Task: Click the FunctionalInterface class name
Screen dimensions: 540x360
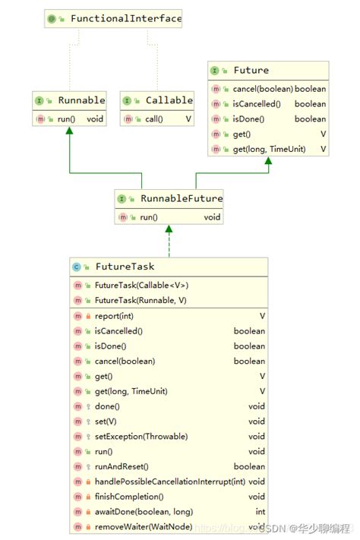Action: click(126, 18)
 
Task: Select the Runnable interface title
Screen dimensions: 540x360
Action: click(81, 100)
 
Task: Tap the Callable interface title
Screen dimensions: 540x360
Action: click(169, 100)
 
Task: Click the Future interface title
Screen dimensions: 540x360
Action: click(251, 70)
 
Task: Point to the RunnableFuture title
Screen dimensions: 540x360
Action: click(181, 199)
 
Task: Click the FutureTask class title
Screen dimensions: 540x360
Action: click(125, 267)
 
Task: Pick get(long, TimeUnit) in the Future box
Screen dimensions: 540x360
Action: click(269, 150)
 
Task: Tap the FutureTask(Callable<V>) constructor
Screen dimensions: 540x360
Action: click(141, 286)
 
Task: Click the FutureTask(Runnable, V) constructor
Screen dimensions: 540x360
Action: click(141, 301)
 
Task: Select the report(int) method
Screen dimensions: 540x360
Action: click(115, 316)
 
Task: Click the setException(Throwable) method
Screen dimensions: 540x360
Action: click(141, 437)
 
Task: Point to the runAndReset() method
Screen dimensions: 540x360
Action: click(122, 466)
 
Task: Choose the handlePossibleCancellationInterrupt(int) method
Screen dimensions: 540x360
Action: click(169, 482)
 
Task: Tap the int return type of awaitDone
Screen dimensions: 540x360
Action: click(260, 511)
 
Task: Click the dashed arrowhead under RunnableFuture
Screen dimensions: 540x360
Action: click(169, 229)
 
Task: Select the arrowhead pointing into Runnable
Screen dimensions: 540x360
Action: click(70, 131)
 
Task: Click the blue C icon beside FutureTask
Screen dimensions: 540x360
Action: click(77, 267)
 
